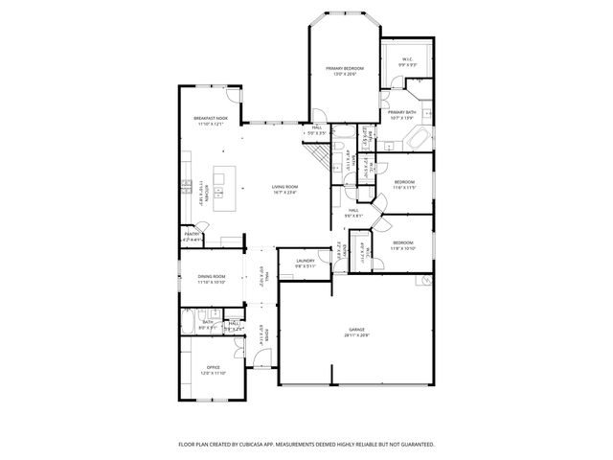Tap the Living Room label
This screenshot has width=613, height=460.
[x=284, y=187]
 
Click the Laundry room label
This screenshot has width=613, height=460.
[x=306, y=261]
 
